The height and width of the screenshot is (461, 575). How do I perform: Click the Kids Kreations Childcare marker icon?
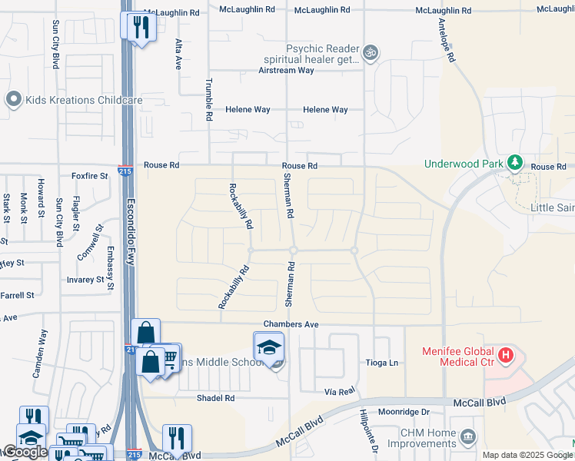tap(12, 100)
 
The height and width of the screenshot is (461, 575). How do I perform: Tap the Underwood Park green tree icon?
tap(514, 163)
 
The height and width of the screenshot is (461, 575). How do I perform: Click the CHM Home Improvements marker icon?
tap(468, 438)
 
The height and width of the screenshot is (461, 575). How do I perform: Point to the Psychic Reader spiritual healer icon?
tap(371, 52)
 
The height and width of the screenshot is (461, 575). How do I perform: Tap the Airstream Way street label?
tap(287, 70)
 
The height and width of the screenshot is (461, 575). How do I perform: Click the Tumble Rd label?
tap(208, 100)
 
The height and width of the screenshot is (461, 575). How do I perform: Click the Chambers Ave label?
tap(291, 325)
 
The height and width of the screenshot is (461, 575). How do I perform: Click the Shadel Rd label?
tap(215, 398)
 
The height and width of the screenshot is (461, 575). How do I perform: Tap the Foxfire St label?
tap(85, 175)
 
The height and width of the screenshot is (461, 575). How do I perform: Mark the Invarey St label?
tap(85, 280)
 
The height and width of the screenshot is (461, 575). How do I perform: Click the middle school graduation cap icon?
tap(268, 347)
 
